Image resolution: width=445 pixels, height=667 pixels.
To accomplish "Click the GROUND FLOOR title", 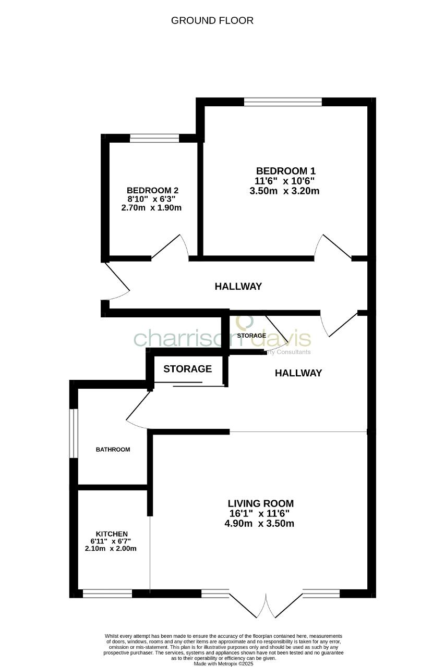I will tap(212, 21).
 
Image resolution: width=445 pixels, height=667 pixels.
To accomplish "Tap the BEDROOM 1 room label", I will tap(285, 171).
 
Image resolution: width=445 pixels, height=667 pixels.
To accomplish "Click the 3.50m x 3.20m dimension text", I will tap(284, 191).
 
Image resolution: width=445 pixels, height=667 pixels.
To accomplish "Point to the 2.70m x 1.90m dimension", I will tap(151, 207).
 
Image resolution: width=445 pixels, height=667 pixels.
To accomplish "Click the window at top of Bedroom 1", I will tap(283, 102).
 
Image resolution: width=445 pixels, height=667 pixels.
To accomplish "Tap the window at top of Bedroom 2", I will tap(154, 138).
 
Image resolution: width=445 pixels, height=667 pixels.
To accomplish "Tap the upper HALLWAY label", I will tap(238, 287).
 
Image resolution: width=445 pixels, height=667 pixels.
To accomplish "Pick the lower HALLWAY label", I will tap(298, 373).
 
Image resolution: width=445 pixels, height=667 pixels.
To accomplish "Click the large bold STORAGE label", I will tap(188, 369).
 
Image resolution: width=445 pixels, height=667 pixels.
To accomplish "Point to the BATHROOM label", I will tap(113, 449).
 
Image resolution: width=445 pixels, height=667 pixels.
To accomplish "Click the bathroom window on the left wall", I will tap(75, 434).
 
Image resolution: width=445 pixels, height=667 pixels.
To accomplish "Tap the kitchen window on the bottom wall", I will tap(107, 593).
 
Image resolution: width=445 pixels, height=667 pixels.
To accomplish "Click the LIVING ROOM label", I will tap(261, 504).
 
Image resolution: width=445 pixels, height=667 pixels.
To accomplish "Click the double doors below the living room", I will tap(266, 604).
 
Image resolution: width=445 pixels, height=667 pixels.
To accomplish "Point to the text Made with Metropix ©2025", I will tap(223, 664).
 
